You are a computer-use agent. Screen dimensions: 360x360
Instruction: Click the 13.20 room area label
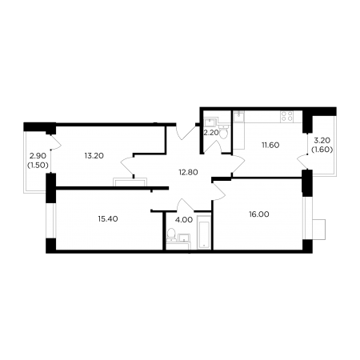click(x=94, y=156)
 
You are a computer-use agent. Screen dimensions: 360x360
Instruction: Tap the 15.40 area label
click(x=108, y=219)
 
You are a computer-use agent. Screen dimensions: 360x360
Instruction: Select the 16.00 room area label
click(x=259, y=214)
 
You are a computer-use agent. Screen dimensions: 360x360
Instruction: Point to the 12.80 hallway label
click(x=188, y=172)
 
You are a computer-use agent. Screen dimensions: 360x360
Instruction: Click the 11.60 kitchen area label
click(x=270, y=146)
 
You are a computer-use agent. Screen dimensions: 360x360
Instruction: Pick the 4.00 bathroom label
click(x=184, y=220)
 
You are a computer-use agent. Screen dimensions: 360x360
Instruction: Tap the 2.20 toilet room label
click(x=211, y=133)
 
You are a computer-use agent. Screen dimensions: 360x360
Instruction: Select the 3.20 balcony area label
click(x=322, y=140)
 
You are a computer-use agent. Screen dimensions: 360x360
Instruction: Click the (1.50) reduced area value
click(x=38, y=166)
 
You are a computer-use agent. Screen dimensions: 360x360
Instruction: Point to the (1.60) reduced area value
click(x=322, y=150)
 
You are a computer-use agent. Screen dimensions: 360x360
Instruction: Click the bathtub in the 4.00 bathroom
click(x=204, y=233)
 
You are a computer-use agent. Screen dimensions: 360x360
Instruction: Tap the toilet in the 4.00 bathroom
click(x=170, y=234)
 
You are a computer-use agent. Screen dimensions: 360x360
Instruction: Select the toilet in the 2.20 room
click(x=223, y=132)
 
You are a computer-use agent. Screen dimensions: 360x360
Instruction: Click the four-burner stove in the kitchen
click(x=287, y=116)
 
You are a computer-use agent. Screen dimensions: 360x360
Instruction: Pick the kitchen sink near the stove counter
click(x=238, y=117)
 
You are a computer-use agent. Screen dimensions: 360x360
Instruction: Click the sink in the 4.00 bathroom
click(x=184, y=238)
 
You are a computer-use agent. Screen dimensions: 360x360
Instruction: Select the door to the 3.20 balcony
click(x=302, y=162)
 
